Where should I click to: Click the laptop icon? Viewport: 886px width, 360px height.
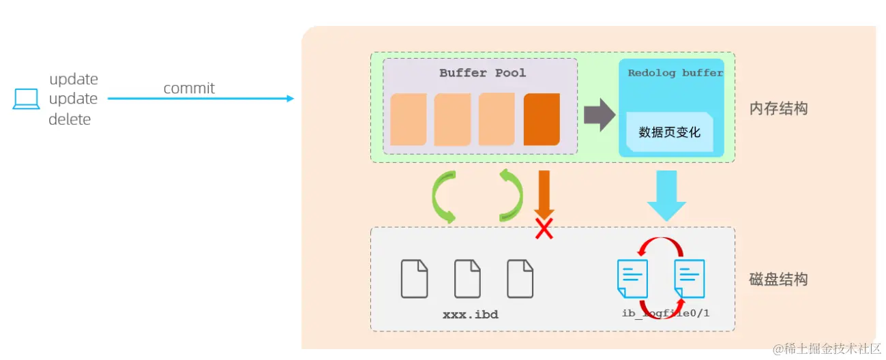tap(26, 99)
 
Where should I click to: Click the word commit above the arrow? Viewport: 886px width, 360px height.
tap(189, 88)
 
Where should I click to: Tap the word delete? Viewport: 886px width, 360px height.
tap(70, 119)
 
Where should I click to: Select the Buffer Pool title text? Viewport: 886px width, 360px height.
tap(482, 73)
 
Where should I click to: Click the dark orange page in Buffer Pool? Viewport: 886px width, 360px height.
tap(542, 119)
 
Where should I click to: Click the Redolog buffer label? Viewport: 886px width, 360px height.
tap(675, 73)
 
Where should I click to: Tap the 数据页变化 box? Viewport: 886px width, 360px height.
tap(670, 132)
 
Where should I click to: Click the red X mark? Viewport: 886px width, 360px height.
tap(544, 228)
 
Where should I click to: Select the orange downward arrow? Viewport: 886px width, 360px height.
tap(544, 194)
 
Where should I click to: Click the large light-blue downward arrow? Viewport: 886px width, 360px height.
tap(666, 196)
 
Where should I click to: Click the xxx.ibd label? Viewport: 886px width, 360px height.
tap(471, 314)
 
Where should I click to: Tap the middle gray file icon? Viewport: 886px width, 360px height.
tap(467, 278)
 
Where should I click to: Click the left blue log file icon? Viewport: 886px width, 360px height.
tap(632, 278)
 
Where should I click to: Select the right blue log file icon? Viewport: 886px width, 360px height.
tap(690, 278)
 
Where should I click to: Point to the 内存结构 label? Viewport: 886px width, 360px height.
tap(778, 108)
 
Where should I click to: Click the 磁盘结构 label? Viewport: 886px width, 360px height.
tap(778, 280)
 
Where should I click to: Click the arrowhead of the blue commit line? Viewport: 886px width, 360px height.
tap(291, 98)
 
